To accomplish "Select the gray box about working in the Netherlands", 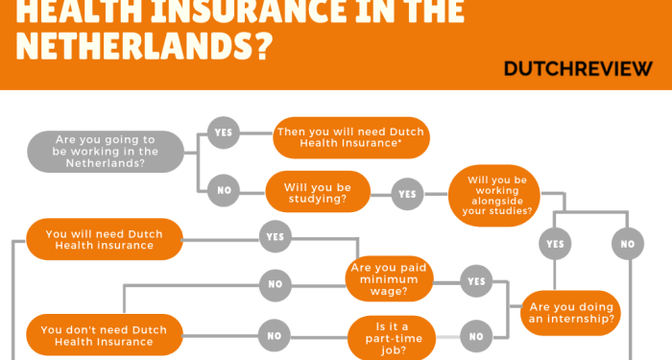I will click(x=106, y=151).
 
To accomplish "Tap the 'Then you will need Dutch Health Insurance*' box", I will click(x=349, y=137).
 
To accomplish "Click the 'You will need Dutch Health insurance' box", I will click(x=104, y=239).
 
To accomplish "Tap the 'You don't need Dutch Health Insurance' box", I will click(x=104, y=335).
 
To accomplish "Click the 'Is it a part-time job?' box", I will click(x=390, y=337).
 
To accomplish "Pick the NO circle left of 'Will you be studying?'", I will click(x=224, y=190).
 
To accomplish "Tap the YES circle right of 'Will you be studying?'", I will click(x=407, y=194).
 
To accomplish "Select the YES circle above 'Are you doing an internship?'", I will click(x=554, y=244).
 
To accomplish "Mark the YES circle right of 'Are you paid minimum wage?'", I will click(x=476, y=280).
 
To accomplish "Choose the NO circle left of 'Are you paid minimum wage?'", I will click(x=275, y=283).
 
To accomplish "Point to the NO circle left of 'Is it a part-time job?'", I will click(x=275, y=336).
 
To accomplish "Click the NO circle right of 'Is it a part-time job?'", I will click(x=476, y=337).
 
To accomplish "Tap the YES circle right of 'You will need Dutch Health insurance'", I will click(x=275, y=236).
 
